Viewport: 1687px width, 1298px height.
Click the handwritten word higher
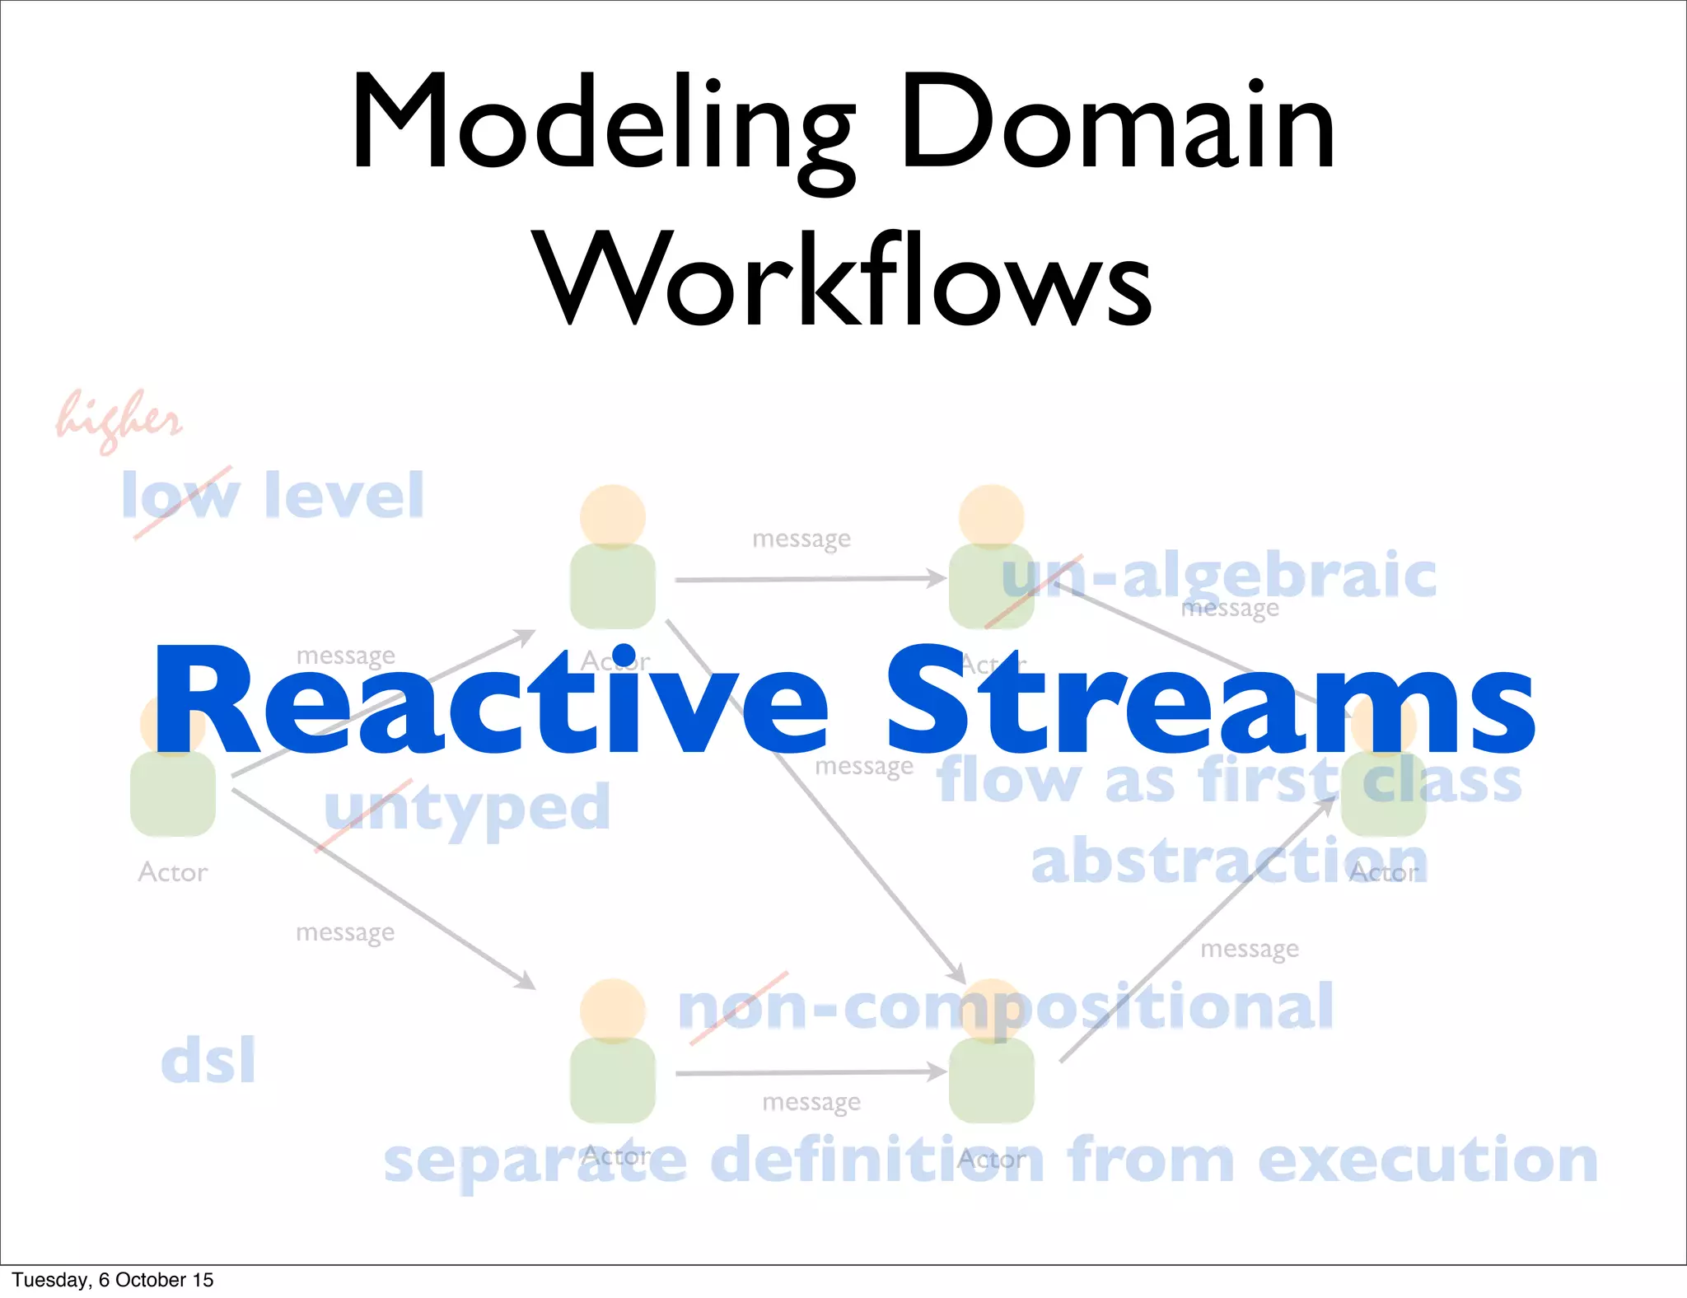pyautogui.click(x=119, y=420)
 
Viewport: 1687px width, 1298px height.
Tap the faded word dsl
pyautogui.click(x=208, y=1060)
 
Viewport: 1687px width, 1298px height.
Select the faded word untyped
pyautogui.click(x=467, y=809)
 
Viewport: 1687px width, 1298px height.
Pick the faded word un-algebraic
pyautogui.click(x=1219, y=577)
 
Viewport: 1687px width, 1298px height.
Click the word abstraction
pyautogui.click(x=1229, y=861)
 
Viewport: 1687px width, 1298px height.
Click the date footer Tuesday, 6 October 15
pyautogui.click(x=113, y=1280)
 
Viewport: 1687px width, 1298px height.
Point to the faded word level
pyautogui.click(x=344, y=496)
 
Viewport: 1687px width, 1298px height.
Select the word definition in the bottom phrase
pyautogui.click(x=877, y=1160)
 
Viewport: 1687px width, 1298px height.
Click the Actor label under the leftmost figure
pyautogui.click(x=173, y=872)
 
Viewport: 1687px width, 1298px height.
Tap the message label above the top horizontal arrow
pyautogui.click(x=801, y=539)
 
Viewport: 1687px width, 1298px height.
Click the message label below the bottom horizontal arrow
pyautogui.click(x=811, y=1102)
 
